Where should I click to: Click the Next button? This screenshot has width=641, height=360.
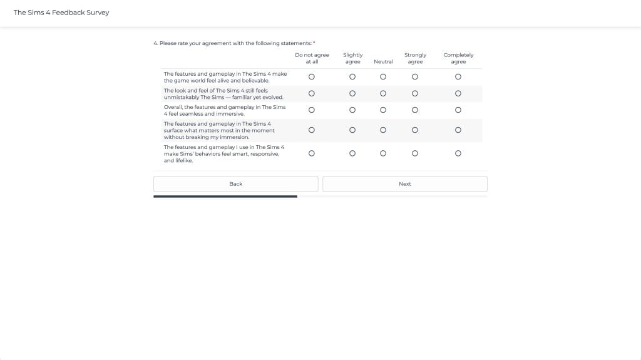click(404, 184)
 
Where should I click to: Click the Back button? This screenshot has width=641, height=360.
click(235, 184)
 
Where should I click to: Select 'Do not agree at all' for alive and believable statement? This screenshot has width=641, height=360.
click(312, 77)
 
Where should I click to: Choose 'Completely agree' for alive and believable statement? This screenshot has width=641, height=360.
click(458, 77)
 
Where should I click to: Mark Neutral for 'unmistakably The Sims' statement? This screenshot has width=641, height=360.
click(383, 94)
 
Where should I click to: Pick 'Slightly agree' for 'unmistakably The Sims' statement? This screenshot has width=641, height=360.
click(352, 94)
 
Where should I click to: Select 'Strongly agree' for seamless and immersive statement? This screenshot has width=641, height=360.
click(415, 110)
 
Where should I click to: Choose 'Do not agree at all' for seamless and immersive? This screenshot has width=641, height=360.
click(312, 110)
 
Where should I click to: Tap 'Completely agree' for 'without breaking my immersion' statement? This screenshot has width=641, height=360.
click(458, 130)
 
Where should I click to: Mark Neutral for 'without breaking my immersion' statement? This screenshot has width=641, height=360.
click(383, 130)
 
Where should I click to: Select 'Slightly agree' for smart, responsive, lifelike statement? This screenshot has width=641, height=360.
click(352, 153)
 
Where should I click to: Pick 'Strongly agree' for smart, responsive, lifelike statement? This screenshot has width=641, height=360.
click(415, 153)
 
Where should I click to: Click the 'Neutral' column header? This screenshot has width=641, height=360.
click(383, 62)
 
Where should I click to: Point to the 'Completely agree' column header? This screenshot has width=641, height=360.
click(458, 58)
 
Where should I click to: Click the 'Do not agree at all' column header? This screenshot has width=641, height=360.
click(312, 58)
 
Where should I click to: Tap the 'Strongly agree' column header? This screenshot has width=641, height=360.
click(415, 58)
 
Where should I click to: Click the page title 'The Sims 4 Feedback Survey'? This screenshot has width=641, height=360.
click(61, 13)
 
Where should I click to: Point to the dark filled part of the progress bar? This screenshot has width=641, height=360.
click(225, 197)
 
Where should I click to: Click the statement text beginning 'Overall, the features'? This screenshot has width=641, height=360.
click(225, 110)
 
